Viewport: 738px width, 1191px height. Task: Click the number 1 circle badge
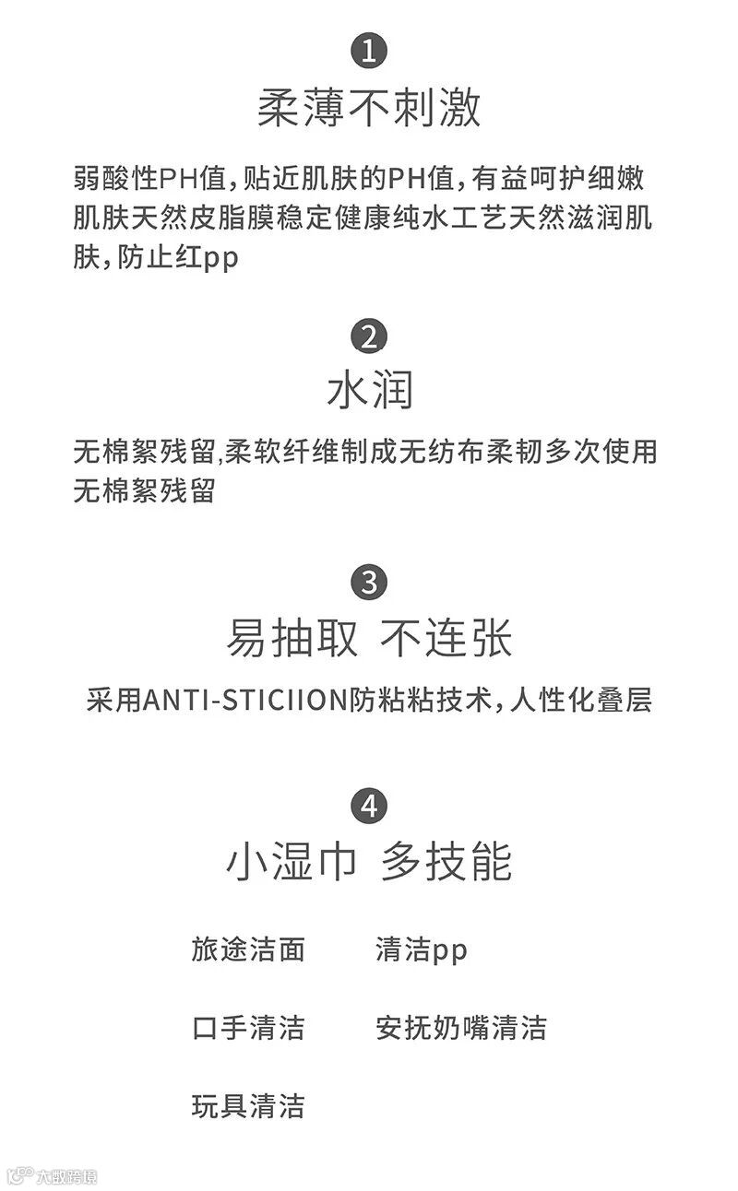click(x=369, y=51)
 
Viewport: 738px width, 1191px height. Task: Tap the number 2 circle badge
click(x=369, y=336)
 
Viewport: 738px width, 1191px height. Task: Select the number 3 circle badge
click(x=369, y=583)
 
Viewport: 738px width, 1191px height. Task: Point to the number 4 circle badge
click(x=369, y=807)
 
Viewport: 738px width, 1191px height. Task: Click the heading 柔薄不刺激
click(x=369, y=109)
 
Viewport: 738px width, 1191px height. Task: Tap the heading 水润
click(x=369, y=391)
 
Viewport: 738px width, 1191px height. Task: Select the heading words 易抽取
click(x=292, y=639)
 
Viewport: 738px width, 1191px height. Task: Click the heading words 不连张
click(x=446, y=639)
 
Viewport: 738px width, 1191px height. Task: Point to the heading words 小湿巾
click(x=292, y=862)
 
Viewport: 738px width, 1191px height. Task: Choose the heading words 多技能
click(x=446, y=862)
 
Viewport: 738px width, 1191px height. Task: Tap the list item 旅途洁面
click(x=248, y=949)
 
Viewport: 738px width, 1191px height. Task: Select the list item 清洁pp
click(x=422, y=950)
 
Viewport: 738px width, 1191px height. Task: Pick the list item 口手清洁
click(x=248, y=1028)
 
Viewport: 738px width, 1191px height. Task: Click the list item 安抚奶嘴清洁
click(x=461, y=1028)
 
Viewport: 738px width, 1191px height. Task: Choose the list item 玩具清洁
click(x=248, y=1106)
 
